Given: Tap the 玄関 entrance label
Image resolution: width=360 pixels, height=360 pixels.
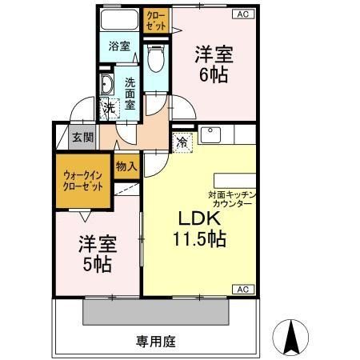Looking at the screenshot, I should [x=82, y=138].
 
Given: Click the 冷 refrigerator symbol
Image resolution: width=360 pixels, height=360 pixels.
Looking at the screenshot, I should [x=183, y=142].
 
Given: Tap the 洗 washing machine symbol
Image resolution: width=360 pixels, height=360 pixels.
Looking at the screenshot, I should [x=106, y=108].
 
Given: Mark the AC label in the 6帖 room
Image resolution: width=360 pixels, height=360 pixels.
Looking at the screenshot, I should [x=240, y=14].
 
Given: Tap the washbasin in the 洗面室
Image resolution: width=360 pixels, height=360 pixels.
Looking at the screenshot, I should [x=106, y=83].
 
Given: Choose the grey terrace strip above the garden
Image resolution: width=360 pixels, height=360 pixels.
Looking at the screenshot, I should [x=170, y=310].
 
